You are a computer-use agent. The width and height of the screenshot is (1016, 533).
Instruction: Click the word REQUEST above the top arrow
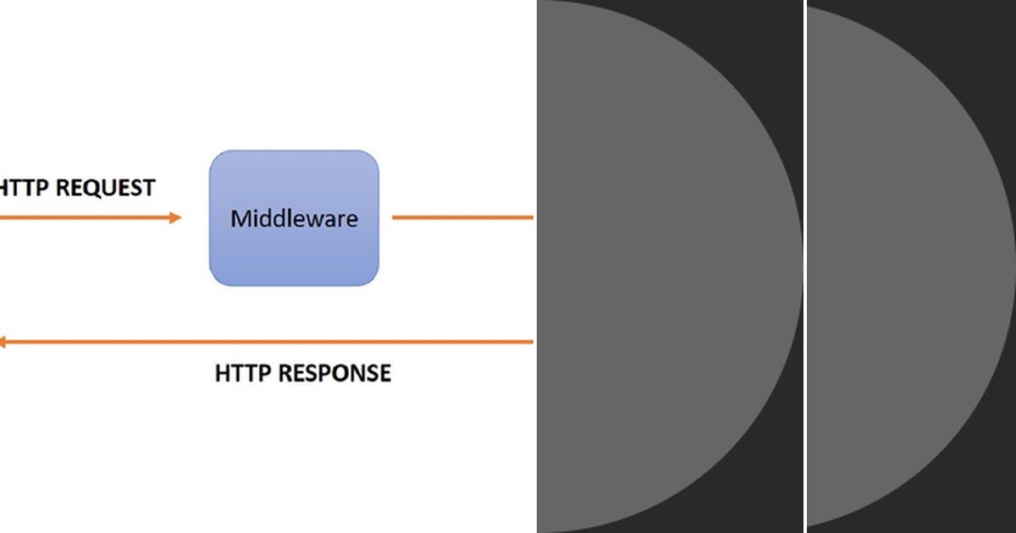coord(106,187)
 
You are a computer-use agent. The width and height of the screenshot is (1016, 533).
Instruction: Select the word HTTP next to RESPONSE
coord(243,373)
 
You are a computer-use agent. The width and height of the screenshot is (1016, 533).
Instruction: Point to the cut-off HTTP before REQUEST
coord(24,187)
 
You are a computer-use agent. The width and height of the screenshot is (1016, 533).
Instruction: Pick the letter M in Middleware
coord(240,219)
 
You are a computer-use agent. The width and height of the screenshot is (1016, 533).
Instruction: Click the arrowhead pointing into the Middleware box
coord(175,217)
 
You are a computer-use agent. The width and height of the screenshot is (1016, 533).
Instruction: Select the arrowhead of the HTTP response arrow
coord(3,342)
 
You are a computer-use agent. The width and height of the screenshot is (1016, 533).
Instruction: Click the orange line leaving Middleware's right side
coord(461,217)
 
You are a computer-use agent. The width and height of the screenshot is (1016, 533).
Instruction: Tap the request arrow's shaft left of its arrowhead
coord(85,217)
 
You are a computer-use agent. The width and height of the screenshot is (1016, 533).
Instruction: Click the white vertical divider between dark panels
coord(804,266)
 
